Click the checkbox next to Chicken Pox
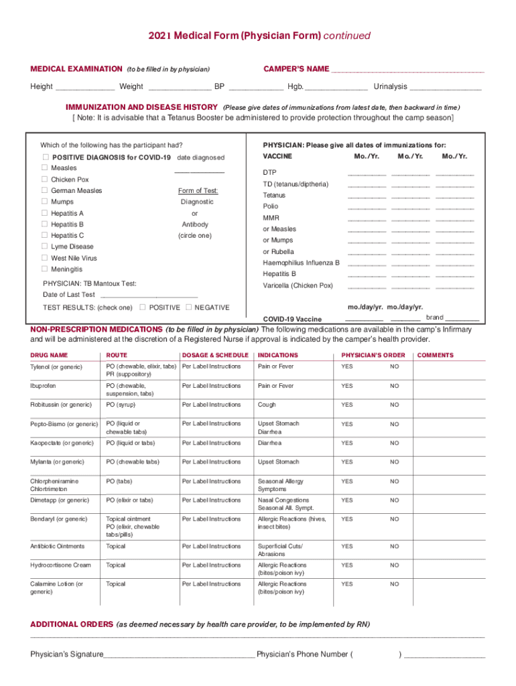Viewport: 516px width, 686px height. (x=44, y=180)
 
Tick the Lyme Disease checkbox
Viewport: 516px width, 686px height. (x=44, y=247)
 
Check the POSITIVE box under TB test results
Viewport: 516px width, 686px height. (x=143, y=307)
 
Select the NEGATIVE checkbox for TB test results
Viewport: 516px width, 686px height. (x=188, y=307)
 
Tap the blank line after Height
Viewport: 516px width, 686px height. (x=85, y=88)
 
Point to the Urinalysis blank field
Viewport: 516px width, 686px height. (x=446, y=88)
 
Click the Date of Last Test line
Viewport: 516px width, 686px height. (x=148, y=295)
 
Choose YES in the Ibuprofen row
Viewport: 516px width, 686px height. (x=346, y=386)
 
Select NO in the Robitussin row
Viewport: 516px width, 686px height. (x=395, y=405)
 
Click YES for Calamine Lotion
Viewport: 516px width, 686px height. (x=346, y=584)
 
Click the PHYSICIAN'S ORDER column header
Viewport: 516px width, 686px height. (x=373, y=355)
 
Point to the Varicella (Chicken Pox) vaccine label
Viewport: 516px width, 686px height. (x=298, y=285)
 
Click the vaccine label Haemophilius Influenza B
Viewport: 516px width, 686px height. (x=301, y=263)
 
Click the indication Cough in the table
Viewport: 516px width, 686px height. (x=267, y=405)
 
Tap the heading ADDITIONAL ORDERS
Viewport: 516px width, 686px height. (x=72, y=624)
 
